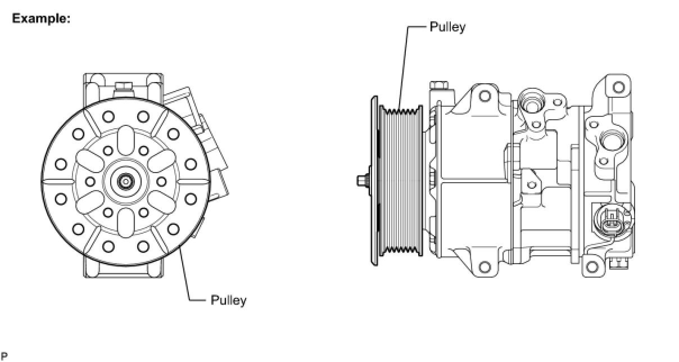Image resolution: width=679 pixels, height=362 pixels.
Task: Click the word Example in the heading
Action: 40,19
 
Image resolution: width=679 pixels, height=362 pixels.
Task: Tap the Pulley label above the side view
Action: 447,27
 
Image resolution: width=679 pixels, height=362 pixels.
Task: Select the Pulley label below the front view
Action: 228,300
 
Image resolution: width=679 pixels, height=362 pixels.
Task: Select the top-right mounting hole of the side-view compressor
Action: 618,87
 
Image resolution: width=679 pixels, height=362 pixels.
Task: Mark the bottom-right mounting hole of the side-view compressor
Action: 590,265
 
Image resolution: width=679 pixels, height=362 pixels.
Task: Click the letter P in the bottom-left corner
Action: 3,356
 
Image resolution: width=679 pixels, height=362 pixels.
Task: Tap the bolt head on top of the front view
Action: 123,87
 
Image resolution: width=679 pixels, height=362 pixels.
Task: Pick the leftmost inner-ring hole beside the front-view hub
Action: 89,181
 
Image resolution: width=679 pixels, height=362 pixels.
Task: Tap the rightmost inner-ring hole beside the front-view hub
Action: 161,181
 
